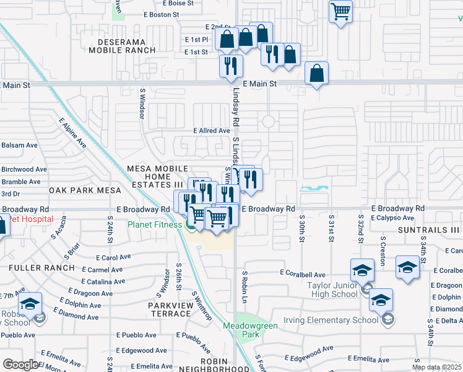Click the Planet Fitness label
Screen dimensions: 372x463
[x=155, y=224]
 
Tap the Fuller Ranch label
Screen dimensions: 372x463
[x=41, y=267]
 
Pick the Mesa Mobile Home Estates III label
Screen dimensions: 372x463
[x=157, y=177]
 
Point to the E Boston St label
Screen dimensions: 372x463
[x=165, y=14]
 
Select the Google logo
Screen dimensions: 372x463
[x=20, y=364]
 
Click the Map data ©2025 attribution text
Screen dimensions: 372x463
[x=436, y=367]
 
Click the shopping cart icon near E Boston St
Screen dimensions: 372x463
[x=341, y=11]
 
